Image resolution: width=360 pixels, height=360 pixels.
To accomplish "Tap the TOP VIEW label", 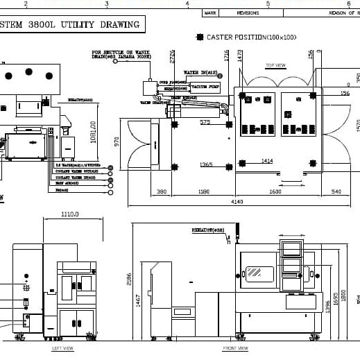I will [x=275, y=66].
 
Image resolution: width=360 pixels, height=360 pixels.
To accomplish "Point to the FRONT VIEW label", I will [x=235, y=348].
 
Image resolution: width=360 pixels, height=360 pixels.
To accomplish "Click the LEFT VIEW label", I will [x=62, y=348].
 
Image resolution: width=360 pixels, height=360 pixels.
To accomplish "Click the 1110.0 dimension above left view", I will [x=70, y=214].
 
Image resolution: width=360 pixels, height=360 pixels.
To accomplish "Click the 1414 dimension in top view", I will [x=267, y=161].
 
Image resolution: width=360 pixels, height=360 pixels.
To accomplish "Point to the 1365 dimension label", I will [x=206, y=164].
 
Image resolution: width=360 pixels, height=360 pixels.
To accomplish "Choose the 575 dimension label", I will [x=205, y=122].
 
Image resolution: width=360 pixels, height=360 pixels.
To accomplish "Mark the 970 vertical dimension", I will [x=117, y=142].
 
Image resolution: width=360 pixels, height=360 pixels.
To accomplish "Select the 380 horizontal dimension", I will [x=162, y=191].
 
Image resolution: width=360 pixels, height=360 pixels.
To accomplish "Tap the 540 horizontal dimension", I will [x=336, y=191].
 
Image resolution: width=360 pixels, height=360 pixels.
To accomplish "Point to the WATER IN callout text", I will [x=200, y=72].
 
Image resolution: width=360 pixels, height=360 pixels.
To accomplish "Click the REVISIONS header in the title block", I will [x=248, y=12].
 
